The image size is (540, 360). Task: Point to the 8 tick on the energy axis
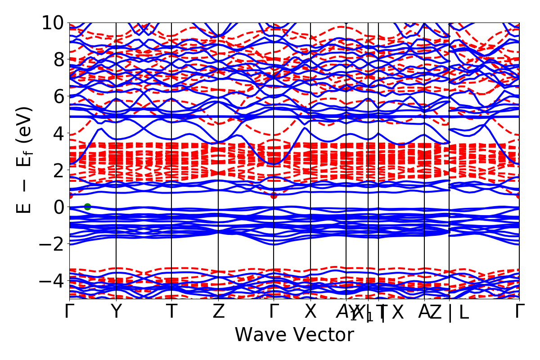57,60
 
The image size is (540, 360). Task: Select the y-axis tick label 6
57,97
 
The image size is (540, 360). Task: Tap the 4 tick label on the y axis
57,134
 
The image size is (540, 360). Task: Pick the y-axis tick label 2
57,170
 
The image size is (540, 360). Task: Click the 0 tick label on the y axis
57,207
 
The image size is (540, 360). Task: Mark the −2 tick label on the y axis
51,244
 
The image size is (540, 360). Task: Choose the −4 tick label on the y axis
51,281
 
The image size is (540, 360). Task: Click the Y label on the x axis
116,312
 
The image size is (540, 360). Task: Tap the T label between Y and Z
171,312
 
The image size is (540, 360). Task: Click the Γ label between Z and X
274,312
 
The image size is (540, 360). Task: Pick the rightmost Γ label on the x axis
520,312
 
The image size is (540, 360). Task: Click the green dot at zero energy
87,207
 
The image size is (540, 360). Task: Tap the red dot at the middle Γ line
274,195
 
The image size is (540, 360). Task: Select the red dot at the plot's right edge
519,195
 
